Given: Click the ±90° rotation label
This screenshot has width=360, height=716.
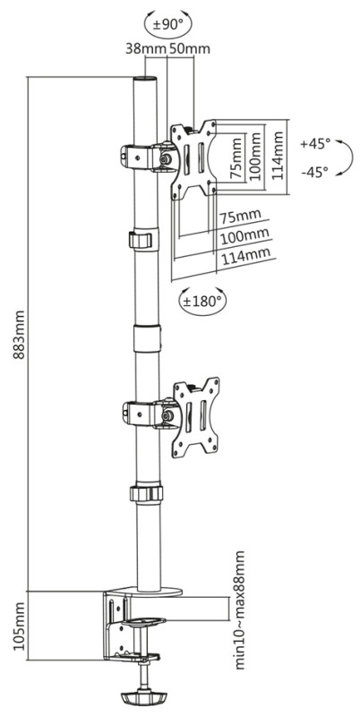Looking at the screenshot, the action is (x=167, y=25).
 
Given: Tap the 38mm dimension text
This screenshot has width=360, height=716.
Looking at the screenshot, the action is (x=145, y=49).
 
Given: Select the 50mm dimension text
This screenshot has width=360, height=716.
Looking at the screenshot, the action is (x=190, y=49).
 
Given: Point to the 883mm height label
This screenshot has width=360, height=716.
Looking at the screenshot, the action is (x=19, y=335).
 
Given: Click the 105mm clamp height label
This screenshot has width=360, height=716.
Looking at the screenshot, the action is (x=19, y=626).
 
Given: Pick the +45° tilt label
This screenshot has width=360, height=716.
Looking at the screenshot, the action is (x=315, y=143).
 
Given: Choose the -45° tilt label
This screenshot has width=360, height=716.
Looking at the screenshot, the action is (x=315, y=172).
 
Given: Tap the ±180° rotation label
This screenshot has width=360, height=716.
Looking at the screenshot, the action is (x=201, y=301).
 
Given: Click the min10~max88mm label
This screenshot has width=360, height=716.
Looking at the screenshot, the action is (x=239, y=610).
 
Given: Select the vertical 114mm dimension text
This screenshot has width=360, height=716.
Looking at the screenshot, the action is (x=279, y=155).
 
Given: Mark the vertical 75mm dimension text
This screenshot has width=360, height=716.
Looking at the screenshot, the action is (x=236, y=158).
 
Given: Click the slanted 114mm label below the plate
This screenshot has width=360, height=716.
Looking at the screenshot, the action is (x=245, y=256).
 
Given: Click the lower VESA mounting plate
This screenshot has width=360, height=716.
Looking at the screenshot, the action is (x=195, y=417).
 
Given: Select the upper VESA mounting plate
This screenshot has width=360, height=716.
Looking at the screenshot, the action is (x=193, y=159).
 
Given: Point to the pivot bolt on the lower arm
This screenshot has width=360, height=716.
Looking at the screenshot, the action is (x=167, y=415).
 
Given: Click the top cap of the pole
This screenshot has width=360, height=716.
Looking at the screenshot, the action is (x=145, y=80).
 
